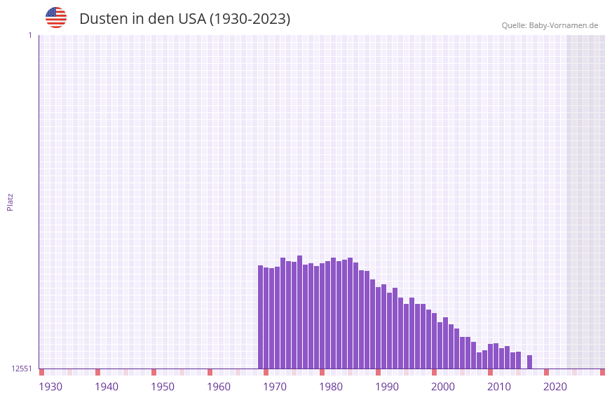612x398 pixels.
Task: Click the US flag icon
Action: click(x=56, y=18)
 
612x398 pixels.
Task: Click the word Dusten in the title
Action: click(x=102, y=19)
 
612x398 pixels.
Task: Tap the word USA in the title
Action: click(x=192, y=19)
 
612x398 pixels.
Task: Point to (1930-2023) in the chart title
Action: click(x=250, y=19)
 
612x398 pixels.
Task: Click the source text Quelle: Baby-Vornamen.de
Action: click(x=550, y=25)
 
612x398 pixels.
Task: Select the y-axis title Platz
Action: click(x=10, y=201)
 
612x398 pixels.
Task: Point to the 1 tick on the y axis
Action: click(x=29, y=35)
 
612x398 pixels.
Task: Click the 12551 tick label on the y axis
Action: click(x=21, y=369)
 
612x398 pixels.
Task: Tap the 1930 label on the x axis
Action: click(x=50, y=387)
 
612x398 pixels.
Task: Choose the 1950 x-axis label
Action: click(x=163, y=387)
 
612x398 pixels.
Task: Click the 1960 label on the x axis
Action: click(x=219, y=387)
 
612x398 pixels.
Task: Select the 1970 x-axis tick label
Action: click(x=275, y=387)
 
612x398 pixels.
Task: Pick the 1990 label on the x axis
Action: click(x=387, y=387)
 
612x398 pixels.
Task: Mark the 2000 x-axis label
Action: click(x=443, y=387)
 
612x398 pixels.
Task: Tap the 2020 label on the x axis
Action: click(x=555, y=387)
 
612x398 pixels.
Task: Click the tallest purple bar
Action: click(x=299, y=312)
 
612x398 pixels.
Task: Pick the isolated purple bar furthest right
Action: click(x=529, y=361)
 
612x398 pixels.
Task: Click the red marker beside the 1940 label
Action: click(x=97, y=372)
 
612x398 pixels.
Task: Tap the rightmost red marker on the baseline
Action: click(x=602, y=372)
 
